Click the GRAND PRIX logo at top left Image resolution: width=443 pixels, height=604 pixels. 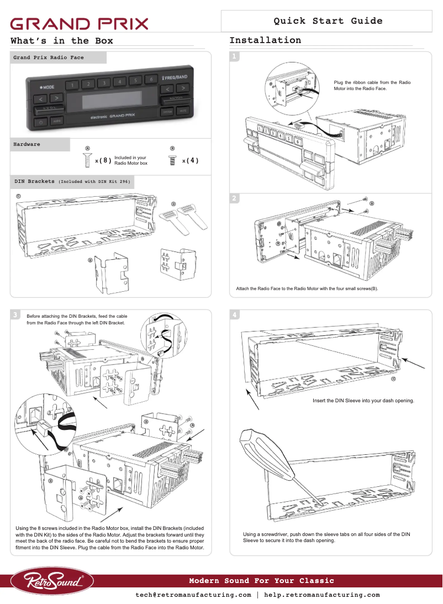[80, 24]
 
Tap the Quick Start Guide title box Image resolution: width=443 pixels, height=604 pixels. [327, 21]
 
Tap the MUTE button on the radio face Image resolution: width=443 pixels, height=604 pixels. [183, 112]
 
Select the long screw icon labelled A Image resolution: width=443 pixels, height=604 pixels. [87, 160]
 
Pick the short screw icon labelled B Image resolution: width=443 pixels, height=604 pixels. [172, 160]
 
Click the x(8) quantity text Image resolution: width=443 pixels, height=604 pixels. [103, 161]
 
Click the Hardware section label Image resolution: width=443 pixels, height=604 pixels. [27, 144]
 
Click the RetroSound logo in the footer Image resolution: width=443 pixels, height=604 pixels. [53, 581]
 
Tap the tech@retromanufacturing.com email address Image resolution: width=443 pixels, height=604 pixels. [193, 595]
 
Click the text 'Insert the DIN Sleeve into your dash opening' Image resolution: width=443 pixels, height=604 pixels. [363, 400]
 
